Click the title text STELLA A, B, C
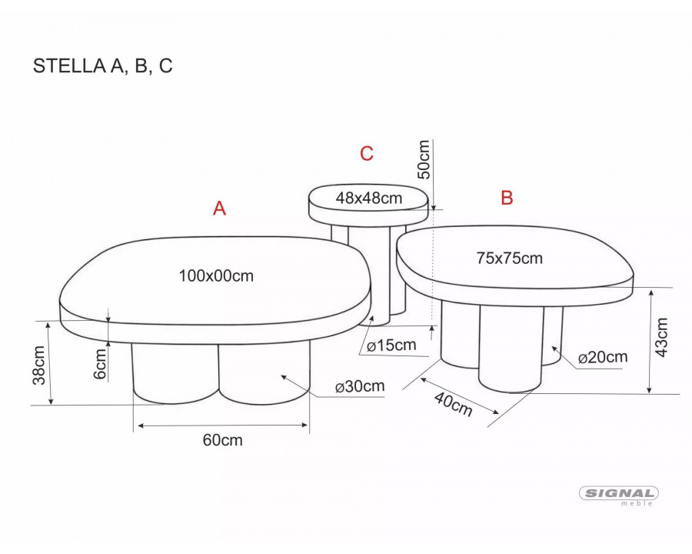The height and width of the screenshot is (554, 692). tap(102, 66)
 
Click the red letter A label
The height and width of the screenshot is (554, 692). tap(219, 209)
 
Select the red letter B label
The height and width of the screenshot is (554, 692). tap(507, 198)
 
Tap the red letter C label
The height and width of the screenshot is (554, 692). tap(367, 153)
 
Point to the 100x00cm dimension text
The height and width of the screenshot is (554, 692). tap(216, 275)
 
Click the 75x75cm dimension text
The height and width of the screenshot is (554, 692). tap(509, 259)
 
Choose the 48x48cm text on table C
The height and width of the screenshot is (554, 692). tap(369, 198)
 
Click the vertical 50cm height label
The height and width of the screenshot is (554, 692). tap(423, 159)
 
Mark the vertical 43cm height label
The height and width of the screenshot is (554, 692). tap(662, 336)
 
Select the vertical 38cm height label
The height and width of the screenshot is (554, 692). tap(39, 365)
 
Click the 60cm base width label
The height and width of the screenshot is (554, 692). tap(222, 440)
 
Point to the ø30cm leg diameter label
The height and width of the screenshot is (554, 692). tap(360, 387)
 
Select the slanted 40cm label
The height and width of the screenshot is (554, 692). tap(453, 404)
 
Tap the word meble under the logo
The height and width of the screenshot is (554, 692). tap(640, 504)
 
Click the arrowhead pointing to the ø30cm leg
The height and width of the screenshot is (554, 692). tap(284, 376)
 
